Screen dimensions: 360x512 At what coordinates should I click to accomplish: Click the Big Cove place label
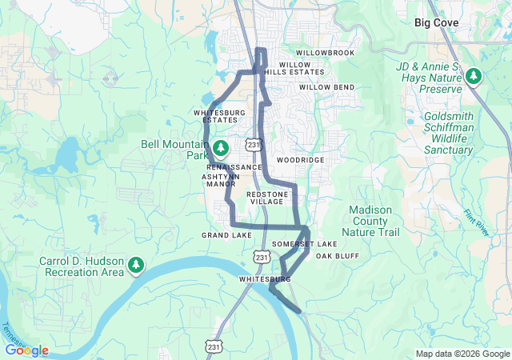click(436, 23)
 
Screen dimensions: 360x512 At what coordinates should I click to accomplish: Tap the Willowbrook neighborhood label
click(324, 53)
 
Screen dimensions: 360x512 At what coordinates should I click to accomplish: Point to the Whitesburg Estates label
click(219, 117)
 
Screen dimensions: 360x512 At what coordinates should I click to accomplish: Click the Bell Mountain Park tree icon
click(220, 148)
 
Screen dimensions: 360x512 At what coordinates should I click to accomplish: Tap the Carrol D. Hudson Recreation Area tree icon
click(136, 265)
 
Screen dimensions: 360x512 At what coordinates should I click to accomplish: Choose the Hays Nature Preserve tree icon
click(474, 77)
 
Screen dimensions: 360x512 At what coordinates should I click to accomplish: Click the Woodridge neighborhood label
click(300, 160)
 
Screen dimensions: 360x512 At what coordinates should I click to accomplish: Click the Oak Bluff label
click(337, 256)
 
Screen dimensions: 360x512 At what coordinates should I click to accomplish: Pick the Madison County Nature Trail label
click(370, 221)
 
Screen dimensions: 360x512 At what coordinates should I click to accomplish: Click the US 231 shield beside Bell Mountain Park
click(254, 145)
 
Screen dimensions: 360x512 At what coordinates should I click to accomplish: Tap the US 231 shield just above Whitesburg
click(262, 257)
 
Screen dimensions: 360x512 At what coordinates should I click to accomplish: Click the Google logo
click(26, 350)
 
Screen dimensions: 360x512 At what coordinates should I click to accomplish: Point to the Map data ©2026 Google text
click(462, 354)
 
